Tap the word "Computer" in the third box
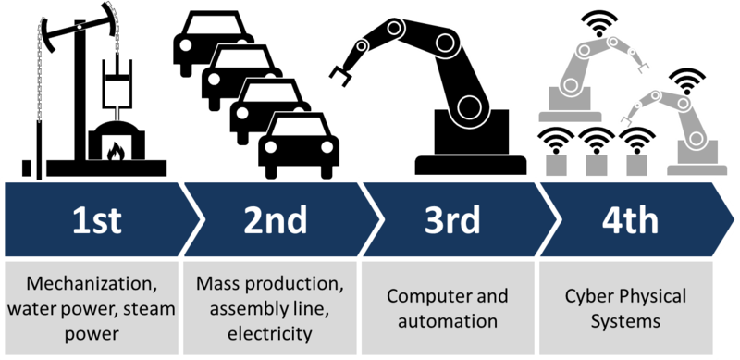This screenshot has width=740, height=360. (x=422, y=296)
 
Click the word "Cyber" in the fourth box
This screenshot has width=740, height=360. (x=586, y=296)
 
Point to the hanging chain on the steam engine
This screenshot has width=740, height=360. (x=39, y=83)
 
